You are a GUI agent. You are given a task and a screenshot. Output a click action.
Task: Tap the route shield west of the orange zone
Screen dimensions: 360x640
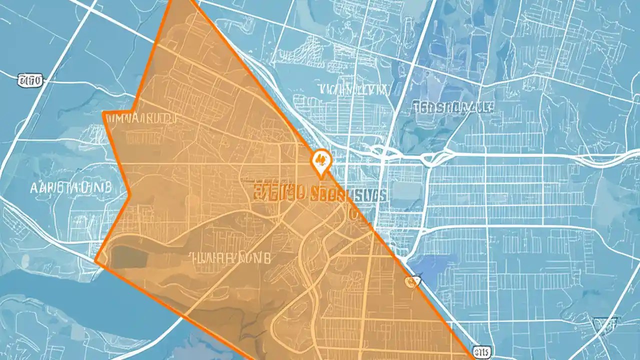[x=30, y=79]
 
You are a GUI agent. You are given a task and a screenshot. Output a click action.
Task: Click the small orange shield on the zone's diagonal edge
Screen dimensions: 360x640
[x=411, y=282]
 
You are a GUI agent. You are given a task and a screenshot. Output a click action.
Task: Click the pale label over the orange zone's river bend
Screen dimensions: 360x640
[x=229, y=258]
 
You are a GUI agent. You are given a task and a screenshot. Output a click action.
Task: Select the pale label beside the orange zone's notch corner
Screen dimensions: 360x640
[x=141, y=119]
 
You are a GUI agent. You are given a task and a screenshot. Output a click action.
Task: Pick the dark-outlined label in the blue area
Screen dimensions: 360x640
[x=452, y=106]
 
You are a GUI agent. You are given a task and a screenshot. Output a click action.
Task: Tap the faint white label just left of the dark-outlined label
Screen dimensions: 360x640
[x=354, y=89]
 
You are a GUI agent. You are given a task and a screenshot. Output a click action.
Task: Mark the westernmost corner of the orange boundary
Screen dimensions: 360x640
[x=95, y=260]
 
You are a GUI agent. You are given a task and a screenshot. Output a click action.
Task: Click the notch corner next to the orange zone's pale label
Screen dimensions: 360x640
[x=103, y=113]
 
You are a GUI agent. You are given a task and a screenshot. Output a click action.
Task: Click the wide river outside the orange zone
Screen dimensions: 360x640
[x=75, y=300]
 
